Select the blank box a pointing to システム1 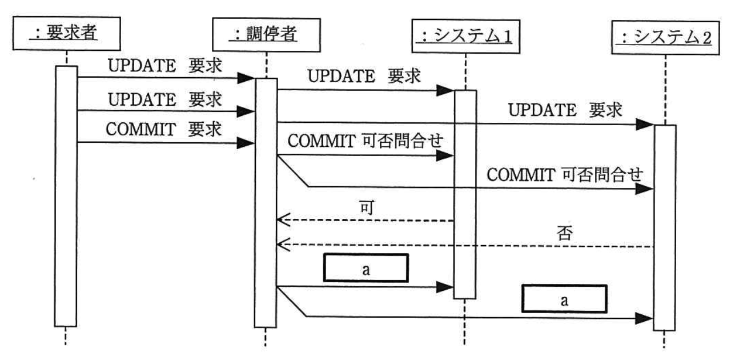[x=366, y=268]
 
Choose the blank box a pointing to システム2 [x=564, y=299]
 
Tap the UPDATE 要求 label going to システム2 [x=564, y=110]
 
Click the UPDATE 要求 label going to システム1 [x=364, y=76]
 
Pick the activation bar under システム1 [x=465, y=194]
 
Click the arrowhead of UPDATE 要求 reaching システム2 [x=646, y=123]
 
